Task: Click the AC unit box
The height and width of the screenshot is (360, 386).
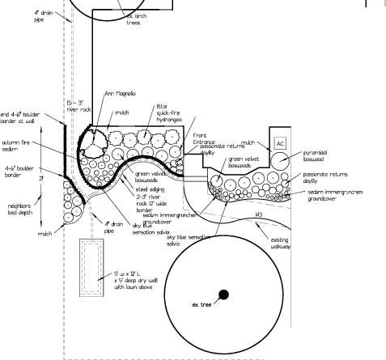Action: [x=281, y=143]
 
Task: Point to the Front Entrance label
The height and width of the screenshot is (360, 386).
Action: [x=205, y=138]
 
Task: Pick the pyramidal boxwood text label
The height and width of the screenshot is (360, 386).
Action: [x=319, y=155]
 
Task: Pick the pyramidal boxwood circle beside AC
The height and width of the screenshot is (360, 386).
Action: [x=281, y=161]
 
